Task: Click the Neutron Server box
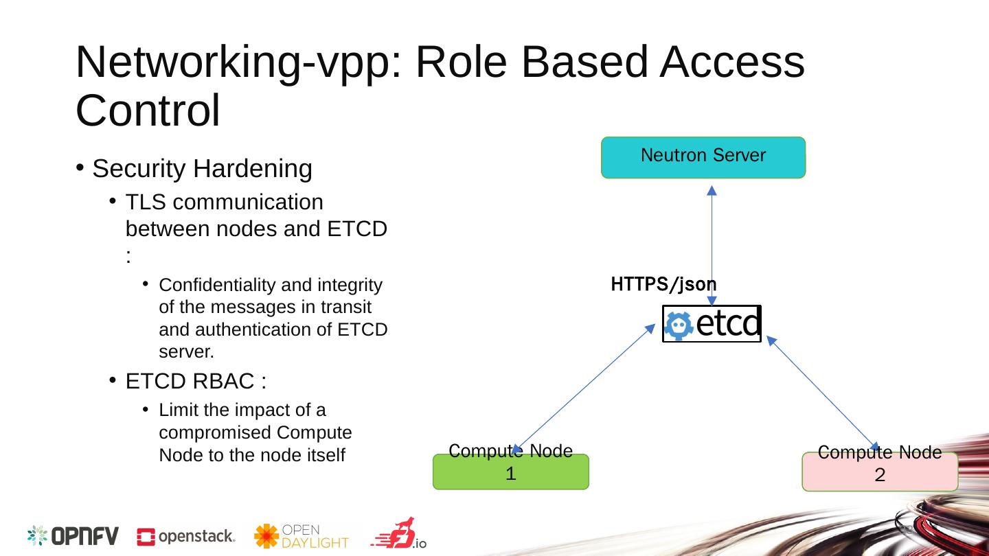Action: coord(703,158)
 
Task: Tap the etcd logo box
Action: coord(712,323)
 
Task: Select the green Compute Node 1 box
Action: coord(510,472)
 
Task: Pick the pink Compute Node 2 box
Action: coord(880,472)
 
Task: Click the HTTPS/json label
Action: coord(663,283)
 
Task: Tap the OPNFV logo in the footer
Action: coord(73,536)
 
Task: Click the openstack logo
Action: coord(186,537)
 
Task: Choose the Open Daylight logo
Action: coord(302,536)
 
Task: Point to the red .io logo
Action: coord(399,534)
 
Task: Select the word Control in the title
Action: coord(148,111)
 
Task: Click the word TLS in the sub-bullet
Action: coord(146,202)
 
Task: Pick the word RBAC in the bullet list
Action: coord(220,381)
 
